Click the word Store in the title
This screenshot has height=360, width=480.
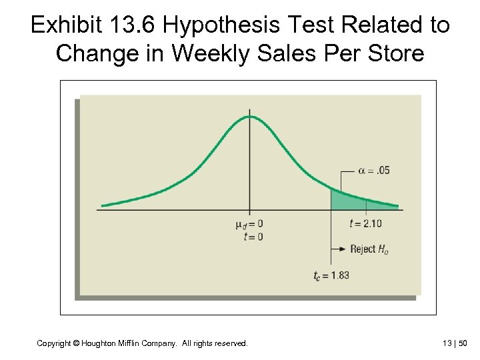click(x=395, y=53)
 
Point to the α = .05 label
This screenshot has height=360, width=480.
click(x=374, y=170)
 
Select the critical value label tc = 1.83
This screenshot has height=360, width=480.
click(x=331, y=275)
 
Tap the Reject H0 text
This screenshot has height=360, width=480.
click(x=369, y=249)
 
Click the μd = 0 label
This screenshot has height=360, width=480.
click(x=249, y=223)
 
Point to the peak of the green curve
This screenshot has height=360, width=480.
click(x=250, y=117)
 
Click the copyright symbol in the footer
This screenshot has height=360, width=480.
click(x=77, y=343)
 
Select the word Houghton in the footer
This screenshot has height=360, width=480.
click(x=100, y=343)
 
